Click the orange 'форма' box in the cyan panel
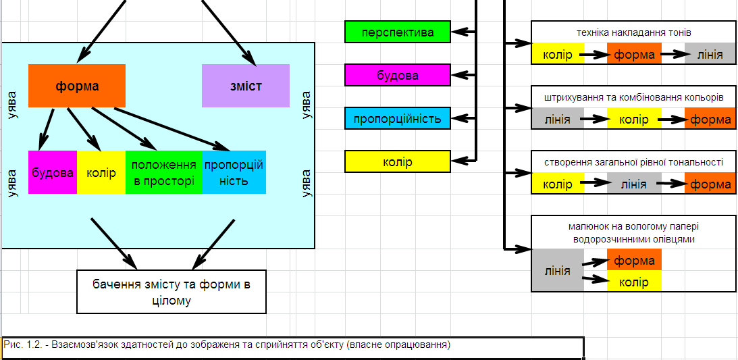[x=77, y=86]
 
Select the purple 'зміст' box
[x=245, y=86]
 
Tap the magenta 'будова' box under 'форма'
[x=53, y=172]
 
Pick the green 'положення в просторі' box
[x=163, y=172]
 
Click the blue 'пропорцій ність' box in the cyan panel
[x=234, y=172]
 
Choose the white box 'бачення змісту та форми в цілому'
[x=172, y=292]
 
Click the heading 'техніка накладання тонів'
[x=633, y=32]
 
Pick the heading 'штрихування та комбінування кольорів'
[x=633, y=97]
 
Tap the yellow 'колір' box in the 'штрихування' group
[x=633, y=120]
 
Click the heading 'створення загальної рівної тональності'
[x=633, y=162]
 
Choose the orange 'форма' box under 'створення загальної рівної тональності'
[x=710, y=184]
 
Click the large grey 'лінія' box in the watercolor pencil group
[x=557, y=271]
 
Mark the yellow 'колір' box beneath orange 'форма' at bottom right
[x=633, y=282]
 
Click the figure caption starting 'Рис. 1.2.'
[x=227, y=345]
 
